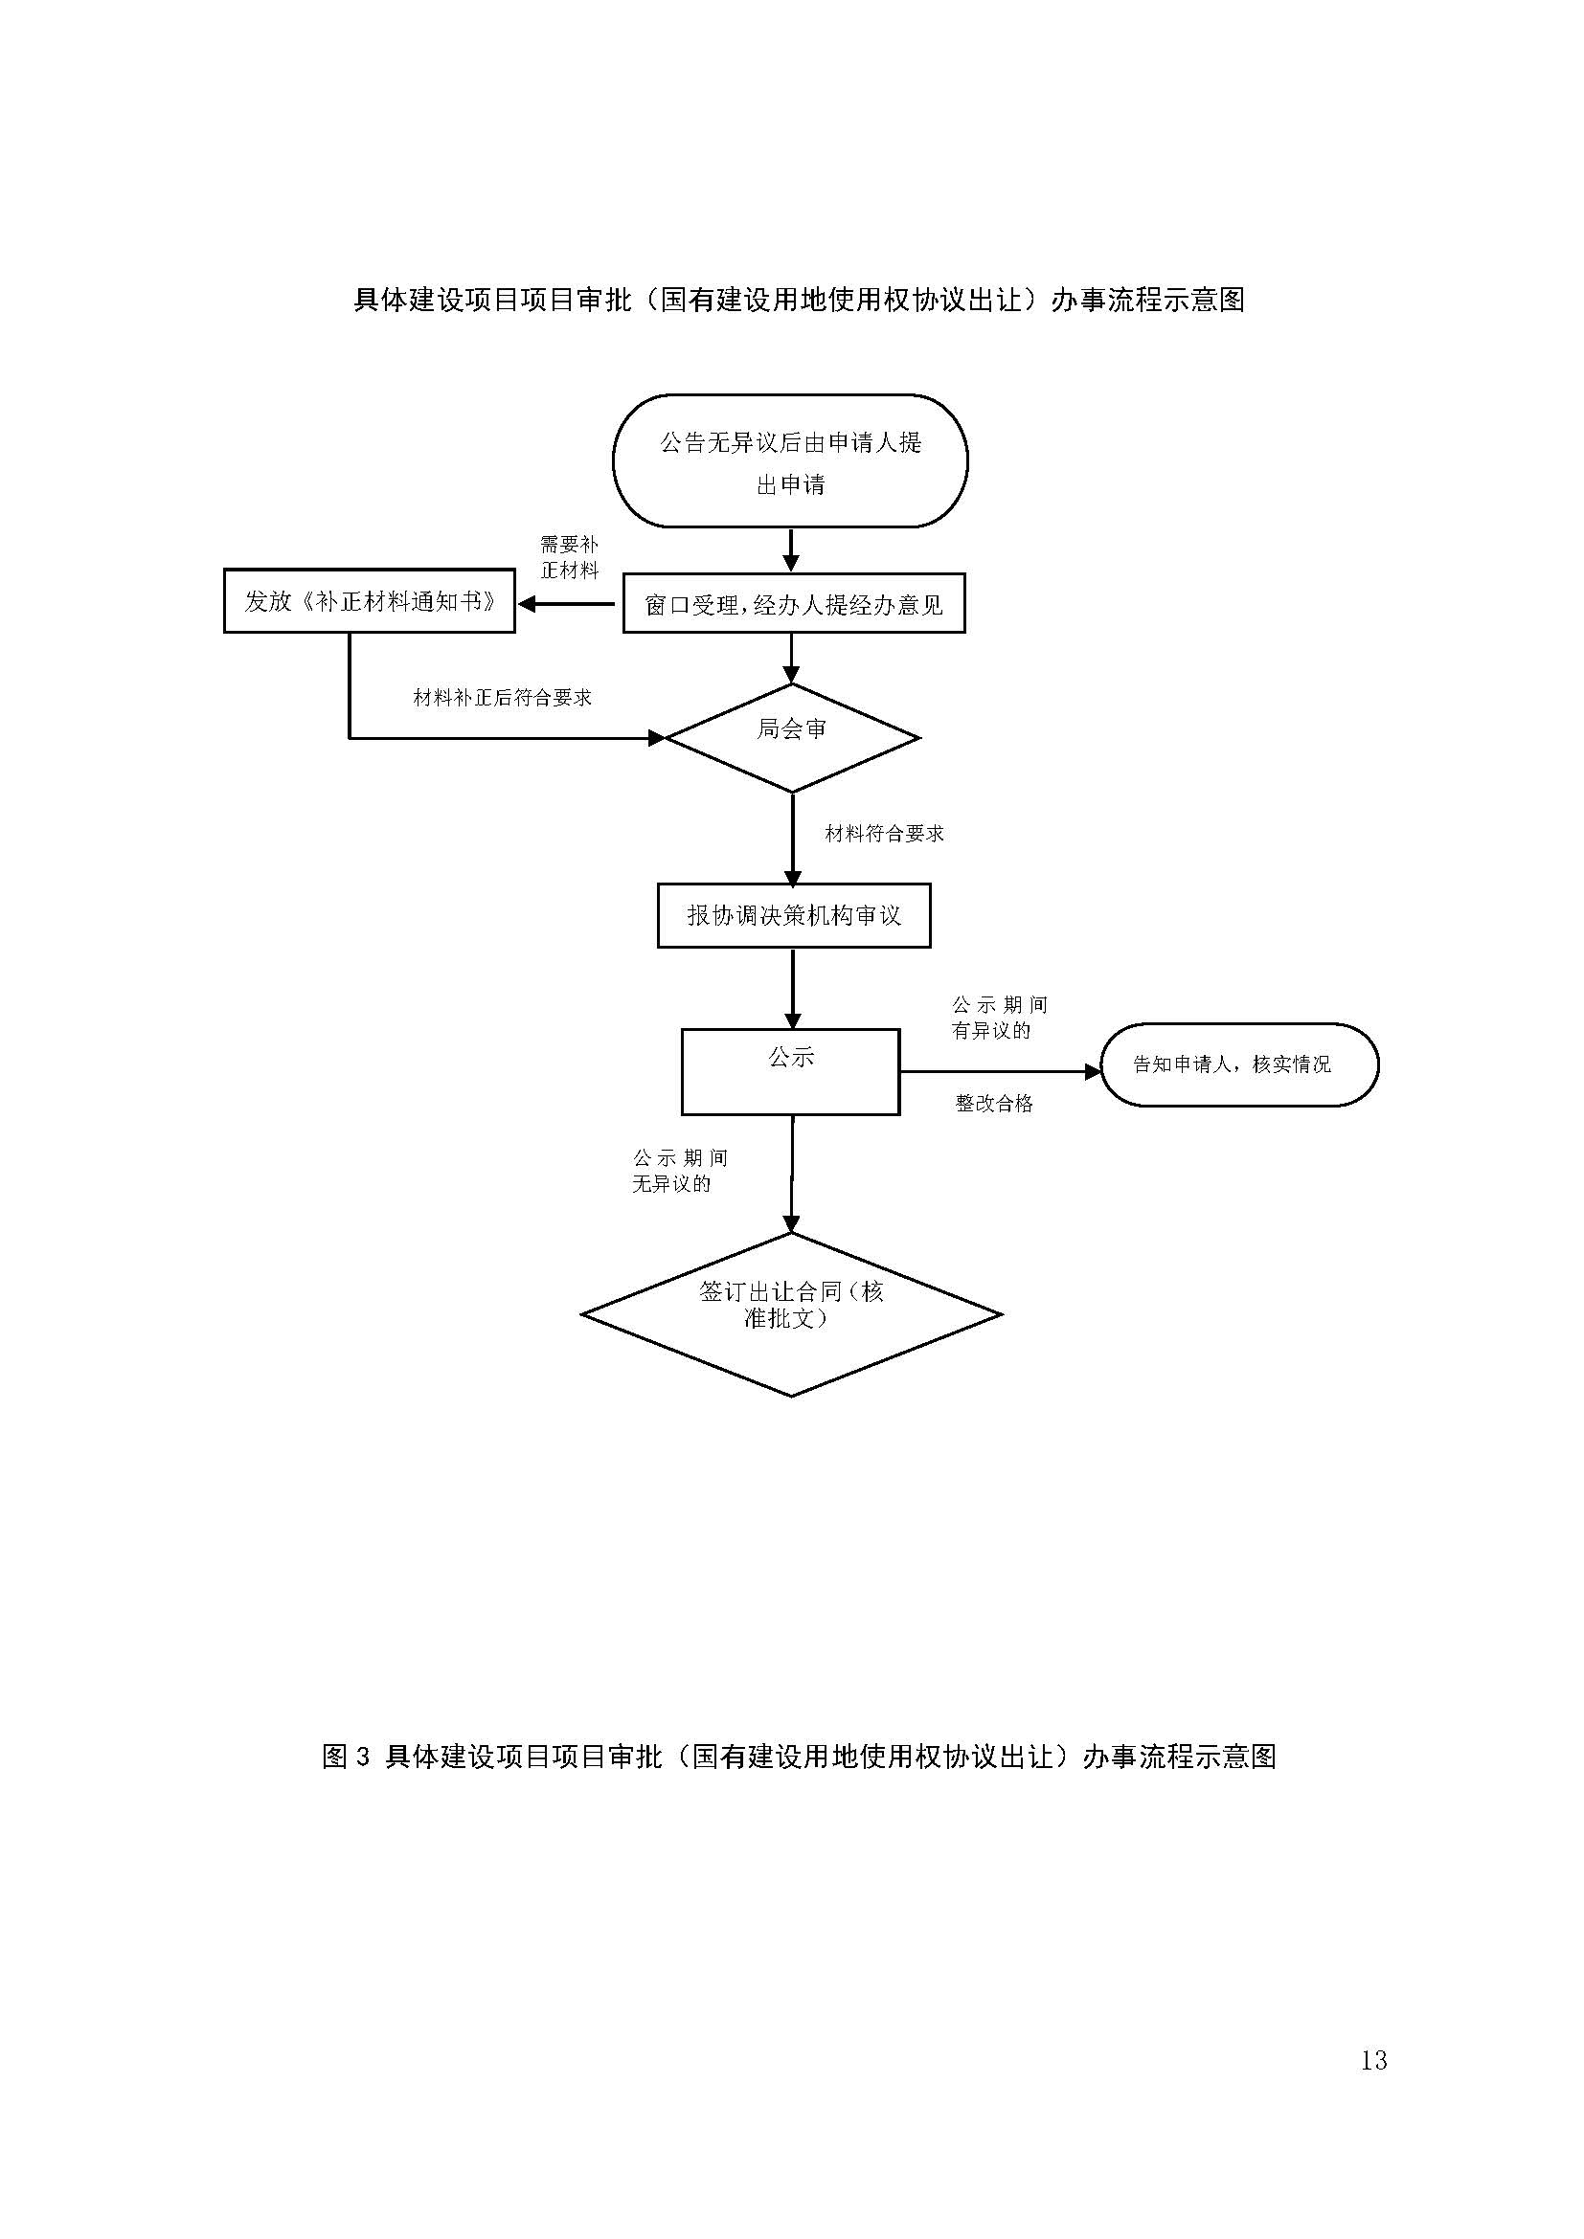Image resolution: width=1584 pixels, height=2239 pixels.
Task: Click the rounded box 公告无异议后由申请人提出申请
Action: (790, 461)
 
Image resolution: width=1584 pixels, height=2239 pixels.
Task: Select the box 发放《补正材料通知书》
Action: (370, 602)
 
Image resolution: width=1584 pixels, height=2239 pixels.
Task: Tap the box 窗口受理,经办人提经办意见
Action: (794, 605)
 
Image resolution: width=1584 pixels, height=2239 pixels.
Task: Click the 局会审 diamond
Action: (792, 738)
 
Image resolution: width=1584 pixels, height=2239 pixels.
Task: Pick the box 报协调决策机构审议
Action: (794, 916)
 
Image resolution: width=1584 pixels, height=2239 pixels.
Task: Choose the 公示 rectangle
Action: (790, 1072)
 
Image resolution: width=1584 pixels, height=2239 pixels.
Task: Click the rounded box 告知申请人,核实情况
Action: (1238, 1064)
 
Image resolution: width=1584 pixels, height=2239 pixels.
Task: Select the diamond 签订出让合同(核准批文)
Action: (791, 1313)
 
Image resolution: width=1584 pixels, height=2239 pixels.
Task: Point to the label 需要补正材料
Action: (570, 557)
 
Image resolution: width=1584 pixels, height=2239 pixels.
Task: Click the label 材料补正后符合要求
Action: (503, 698)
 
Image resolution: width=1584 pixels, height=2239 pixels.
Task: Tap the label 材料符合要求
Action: (884, 834)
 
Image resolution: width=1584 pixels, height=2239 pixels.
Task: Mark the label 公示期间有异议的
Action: (999, 1018)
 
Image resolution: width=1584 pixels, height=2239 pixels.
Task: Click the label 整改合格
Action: (994, 1104)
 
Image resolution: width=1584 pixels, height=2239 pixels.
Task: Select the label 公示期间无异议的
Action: (680, 1171)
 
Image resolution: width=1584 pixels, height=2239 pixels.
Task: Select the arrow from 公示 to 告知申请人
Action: (999, 1072)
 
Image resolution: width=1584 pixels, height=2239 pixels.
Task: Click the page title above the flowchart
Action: (799, 300)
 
